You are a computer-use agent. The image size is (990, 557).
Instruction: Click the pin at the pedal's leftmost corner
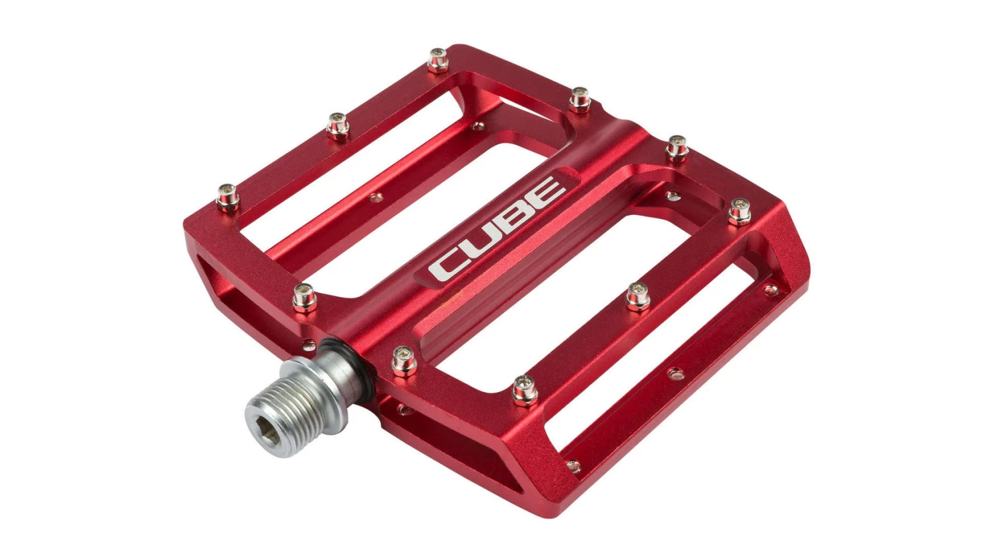coord(228,196)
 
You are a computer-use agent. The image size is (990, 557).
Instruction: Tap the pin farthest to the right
coord(739,213)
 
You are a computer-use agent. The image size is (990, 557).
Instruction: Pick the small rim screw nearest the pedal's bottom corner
coord(574,466)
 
